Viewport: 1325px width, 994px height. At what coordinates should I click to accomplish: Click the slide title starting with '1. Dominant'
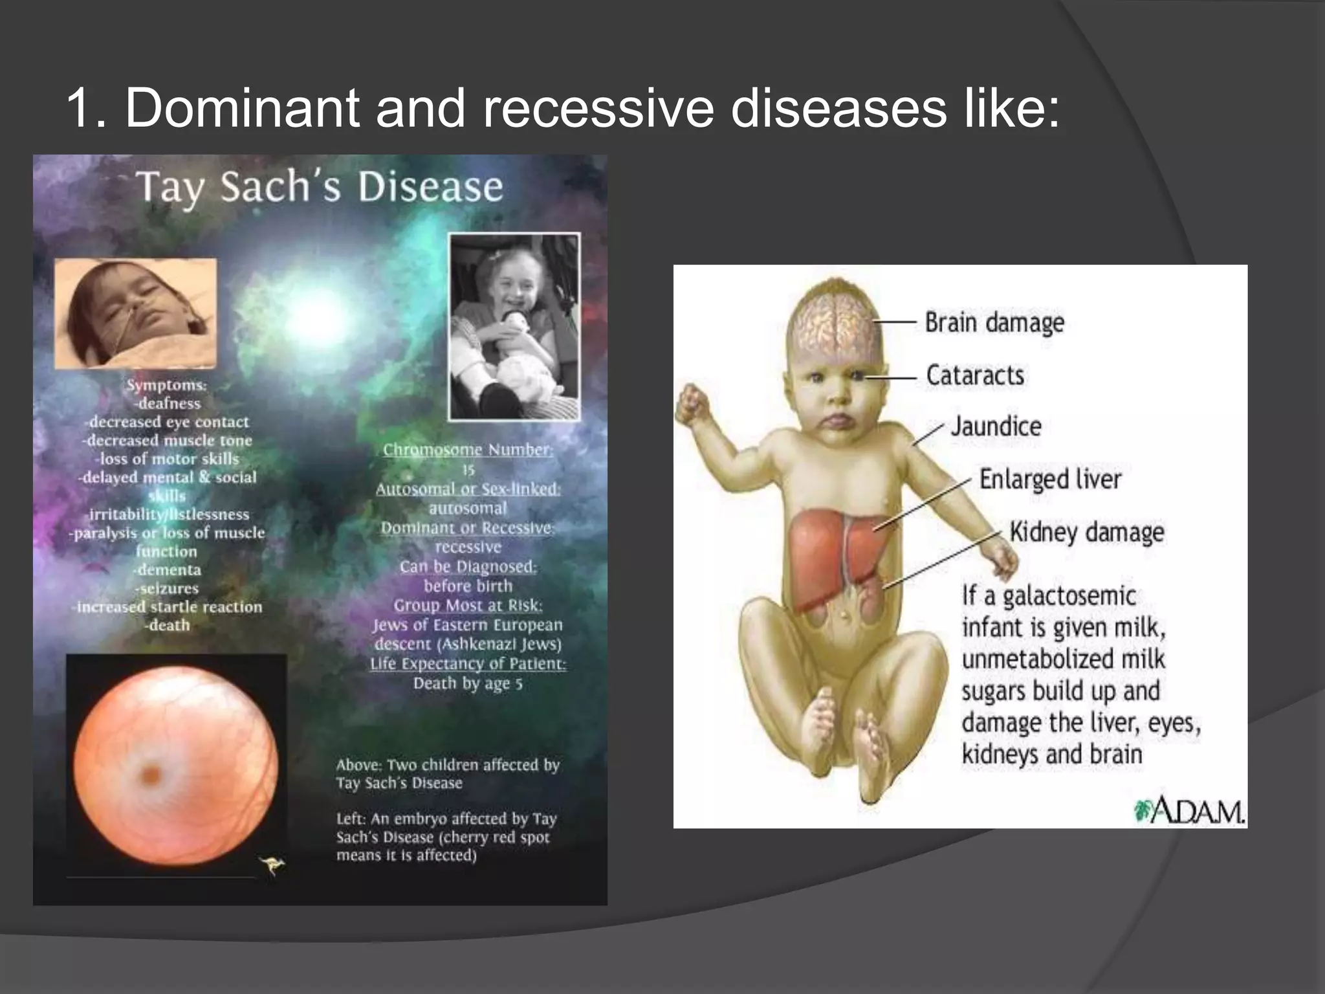(x=563, y=107)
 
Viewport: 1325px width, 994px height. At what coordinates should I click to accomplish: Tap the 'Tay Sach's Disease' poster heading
(x=319, y=187)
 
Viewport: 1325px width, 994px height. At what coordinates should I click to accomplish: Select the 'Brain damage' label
(x=994, y=322)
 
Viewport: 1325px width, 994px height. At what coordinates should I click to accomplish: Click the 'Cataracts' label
(x=975, y=375)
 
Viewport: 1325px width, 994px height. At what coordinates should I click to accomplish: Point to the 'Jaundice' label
(x=996, y=426)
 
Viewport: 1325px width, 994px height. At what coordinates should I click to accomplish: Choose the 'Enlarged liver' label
(x=1050, y=480)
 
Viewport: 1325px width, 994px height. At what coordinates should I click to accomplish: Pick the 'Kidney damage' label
(x=1087, y=533)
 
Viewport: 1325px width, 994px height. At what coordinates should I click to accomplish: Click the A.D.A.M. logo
(x=1189, y=811)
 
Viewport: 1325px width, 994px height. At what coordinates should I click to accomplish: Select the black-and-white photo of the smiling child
(x=514, y=327)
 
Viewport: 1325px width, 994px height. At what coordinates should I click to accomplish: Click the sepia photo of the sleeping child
(x=135, y=313)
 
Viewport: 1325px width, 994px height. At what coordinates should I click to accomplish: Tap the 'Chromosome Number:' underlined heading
(x=468, y=450)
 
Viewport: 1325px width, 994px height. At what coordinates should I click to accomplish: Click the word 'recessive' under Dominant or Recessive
(x=468, y=547)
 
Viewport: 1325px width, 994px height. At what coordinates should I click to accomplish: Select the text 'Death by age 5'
(x=468, y=683)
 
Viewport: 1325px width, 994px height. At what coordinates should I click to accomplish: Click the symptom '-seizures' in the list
(x=167, y=588)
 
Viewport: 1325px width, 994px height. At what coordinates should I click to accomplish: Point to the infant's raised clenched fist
(x=692, y=401)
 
